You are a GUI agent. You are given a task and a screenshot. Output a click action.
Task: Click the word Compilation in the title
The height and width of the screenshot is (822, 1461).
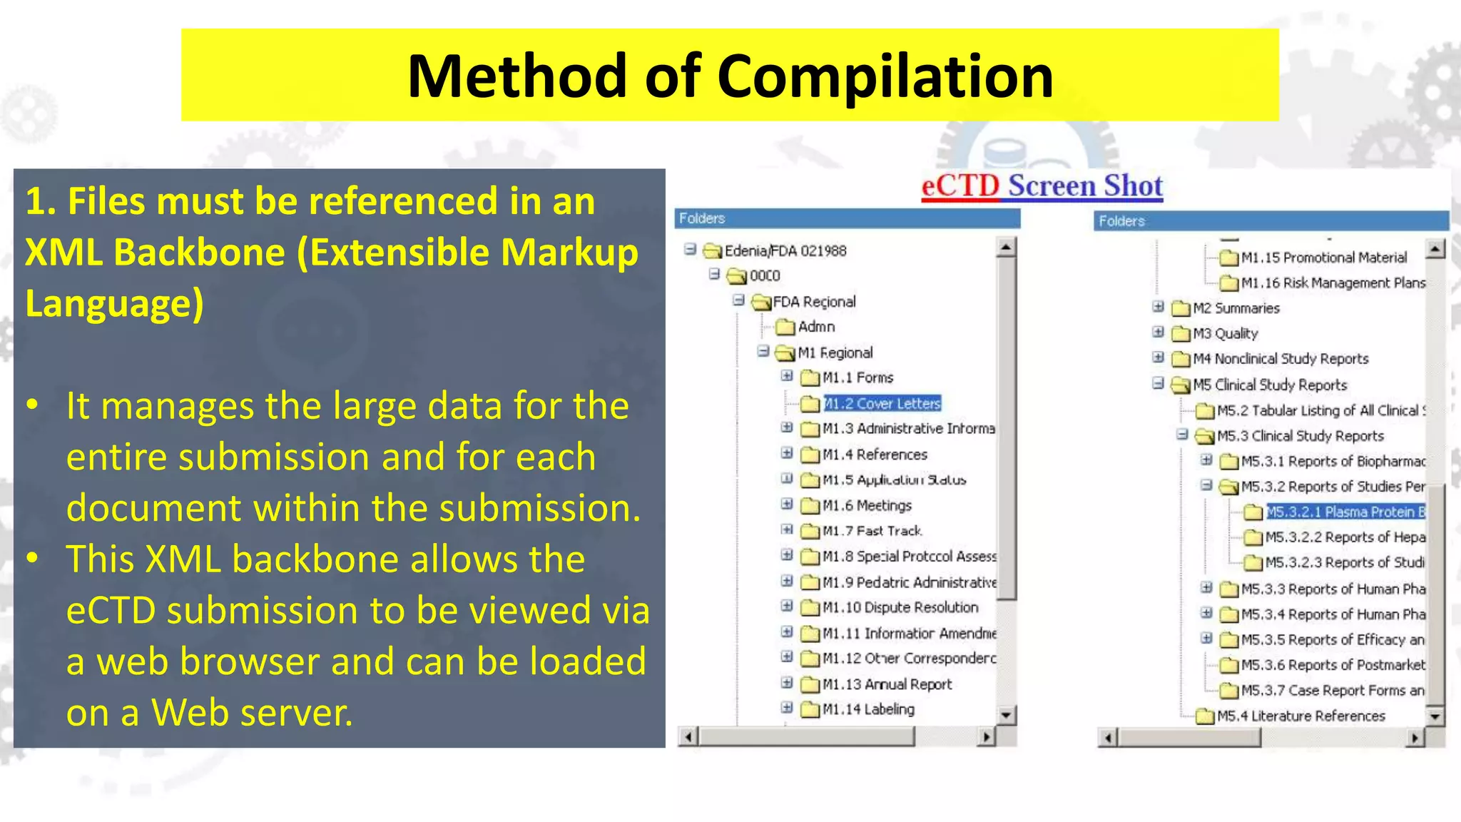pyautogui.click(x=885, y=76)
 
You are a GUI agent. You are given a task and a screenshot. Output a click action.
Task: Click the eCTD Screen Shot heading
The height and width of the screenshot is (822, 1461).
pyautogui.click(x=1042, y=186)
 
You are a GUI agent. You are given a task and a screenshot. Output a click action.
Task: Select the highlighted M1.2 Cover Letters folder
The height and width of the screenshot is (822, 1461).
pyautogui.click(x=882, y=404)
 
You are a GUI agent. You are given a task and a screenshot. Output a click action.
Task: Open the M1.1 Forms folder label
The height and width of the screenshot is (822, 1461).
pyautogui.click(x=857, y=377)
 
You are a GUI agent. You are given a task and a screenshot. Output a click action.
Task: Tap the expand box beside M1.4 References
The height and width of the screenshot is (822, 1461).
pyautogui.click(x=787, y=453)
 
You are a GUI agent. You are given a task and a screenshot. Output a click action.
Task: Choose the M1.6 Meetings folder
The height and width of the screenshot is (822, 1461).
pyautogui.click(x=867, y=506)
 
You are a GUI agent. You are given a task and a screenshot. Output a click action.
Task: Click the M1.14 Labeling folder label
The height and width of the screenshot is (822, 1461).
pyautogui.click(x=868, y=709)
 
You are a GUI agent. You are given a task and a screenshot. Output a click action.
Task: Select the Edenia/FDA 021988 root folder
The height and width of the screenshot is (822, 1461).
pyautogui.click(x=785, y=251)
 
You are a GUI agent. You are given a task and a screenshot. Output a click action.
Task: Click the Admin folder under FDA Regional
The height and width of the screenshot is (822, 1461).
pyautogui.click(x=816, y=327)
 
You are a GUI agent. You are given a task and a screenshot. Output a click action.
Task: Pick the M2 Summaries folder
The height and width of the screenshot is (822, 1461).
pyautogui.click(x=1236, y=308)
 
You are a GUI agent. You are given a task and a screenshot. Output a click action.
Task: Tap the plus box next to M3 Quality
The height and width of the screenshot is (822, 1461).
pyautogui.click(x=1158, y=333)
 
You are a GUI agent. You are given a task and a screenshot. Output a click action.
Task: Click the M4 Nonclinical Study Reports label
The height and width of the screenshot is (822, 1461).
pyautogui.click(x=1281, y=359)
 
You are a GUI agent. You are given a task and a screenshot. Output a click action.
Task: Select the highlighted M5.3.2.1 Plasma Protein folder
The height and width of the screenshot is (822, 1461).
pyautogui.click(x=1345, y=512)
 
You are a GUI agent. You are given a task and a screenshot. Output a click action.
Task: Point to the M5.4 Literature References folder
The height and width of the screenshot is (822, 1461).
pyautogui.click(x=1300, y=716)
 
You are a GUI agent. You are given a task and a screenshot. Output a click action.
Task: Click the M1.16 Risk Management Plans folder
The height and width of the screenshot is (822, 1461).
pyautogui.click(x=1333, y=283)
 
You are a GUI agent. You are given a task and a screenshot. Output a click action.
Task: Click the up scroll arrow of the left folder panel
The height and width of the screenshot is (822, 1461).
pyautogui.click(x=1006, y=248)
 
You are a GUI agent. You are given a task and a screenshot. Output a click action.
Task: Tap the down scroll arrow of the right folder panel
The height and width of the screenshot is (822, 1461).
pyautogui.click(x=1435, y=716)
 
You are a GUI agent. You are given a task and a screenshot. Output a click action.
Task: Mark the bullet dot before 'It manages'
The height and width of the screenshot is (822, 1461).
pyautogui.click(x=32, y=405)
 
